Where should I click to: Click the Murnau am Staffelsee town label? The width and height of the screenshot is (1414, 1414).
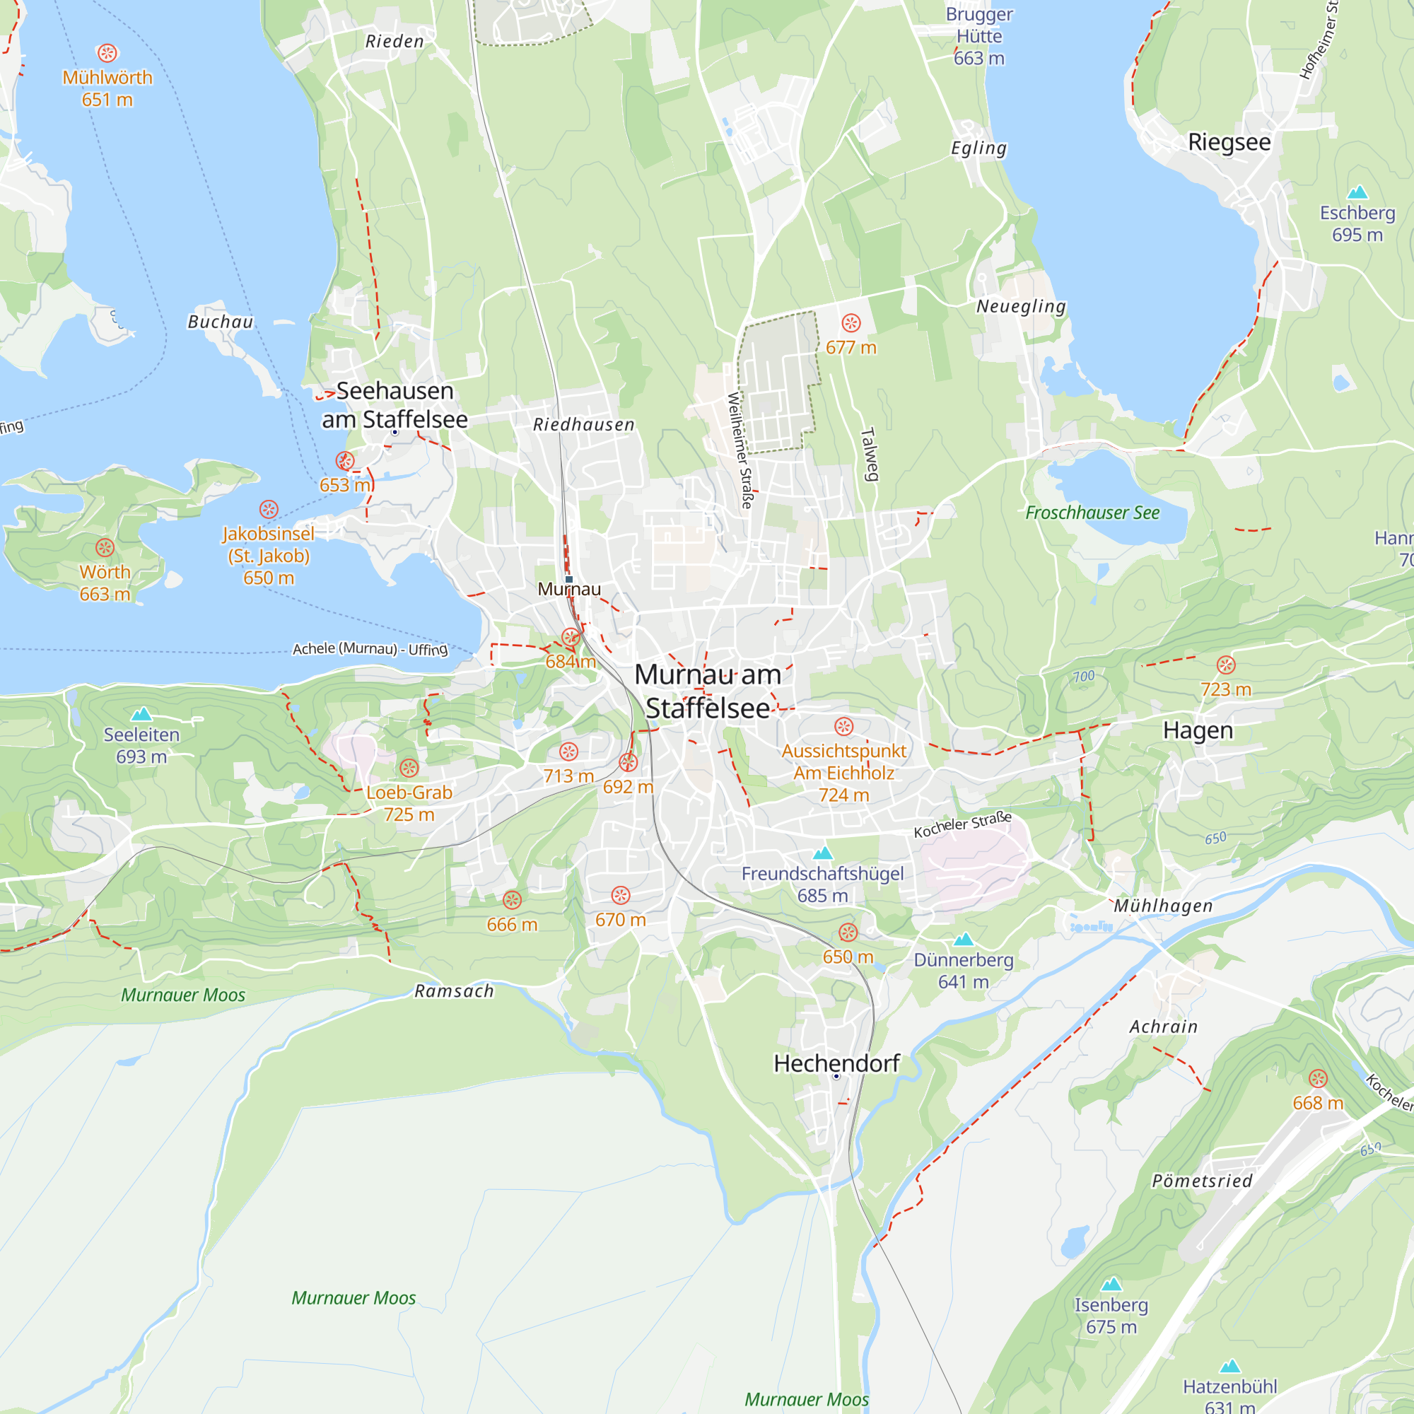pyautogui.click(x=707, y=691)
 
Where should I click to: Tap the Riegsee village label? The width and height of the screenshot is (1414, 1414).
pyautogui.click(x=1229, y=142)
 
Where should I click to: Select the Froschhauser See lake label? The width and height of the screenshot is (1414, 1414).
pyautogui.click(x=1092, y=513)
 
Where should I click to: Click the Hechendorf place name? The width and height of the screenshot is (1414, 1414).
pyautogui.click(x=836, y=1063)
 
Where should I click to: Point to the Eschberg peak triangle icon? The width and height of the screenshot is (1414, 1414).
pyautogui.click(x=1357, y=192)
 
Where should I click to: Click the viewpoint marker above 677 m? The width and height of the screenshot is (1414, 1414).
pyautogui.click(x=851, y=323)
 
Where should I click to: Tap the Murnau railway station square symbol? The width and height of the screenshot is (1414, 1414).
pyautogui.click(x=568, y=579)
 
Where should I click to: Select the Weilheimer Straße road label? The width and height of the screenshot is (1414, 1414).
pyautogui.click(x=740, y=450)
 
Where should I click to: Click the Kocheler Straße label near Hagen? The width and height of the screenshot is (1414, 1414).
pyautogui.click(x=962, y=825)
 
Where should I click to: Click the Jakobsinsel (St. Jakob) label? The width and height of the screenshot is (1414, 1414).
pyautogui.click(x=269, y=545)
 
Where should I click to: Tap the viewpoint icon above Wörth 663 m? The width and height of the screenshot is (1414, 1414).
pyautogui.click(x=105, y=547)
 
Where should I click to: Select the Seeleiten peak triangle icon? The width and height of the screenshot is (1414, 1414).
pyautogui.click(x=141, y=713)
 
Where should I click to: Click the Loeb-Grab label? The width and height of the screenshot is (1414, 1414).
pyautogui.click(x=409, y=793)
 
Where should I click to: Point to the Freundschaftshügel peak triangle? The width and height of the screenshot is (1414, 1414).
pyautogui.click(x=824, y=853)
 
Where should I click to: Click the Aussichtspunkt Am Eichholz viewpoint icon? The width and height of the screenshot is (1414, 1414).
pyautogui.click(x=844, y=726)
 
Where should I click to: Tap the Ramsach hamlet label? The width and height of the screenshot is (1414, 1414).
pyautogui.click(x=454, y=991)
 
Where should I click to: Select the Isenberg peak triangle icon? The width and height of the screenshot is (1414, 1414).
pyautogui.click(x=1111, y=1284)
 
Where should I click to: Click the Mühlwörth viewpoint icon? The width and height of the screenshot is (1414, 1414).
pyautogui.click(x=107, y=53)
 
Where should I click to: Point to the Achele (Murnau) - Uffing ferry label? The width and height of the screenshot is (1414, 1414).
pyautogui.click(x=370, y=649)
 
